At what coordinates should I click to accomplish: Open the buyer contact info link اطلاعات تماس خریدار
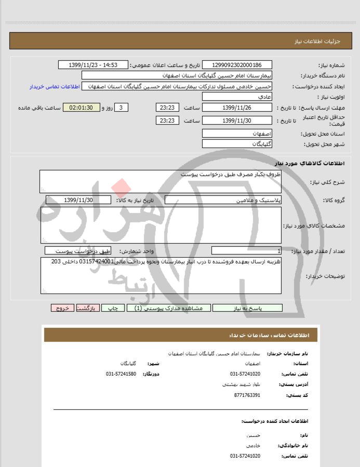point(54,86)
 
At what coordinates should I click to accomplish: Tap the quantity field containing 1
point(247,251)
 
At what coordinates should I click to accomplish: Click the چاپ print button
point(116,308)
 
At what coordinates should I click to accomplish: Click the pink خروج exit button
point(62,308)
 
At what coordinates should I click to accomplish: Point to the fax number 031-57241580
point(121,373)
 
